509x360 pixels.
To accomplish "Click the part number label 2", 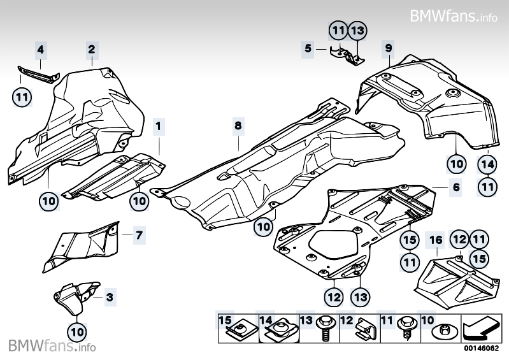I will tap(92, 48).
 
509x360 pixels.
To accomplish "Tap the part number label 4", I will tap(40, 48).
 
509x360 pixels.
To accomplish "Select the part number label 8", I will tap(238, 126).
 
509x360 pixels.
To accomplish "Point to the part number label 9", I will tap(389, 47).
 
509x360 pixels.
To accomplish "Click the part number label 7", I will tap(140, 235).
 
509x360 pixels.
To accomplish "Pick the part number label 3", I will tap(110, 296).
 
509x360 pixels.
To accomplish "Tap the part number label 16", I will tap(436, 240).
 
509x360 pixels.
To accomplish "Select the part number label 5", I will tap(308, 48).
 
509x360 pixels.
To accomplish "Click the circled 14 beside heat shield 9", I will tap(487, 164).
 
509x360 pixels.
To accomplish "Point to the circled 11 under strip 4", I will tap(22, 97).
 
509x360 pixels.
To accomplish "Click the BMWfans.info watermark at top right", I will tap(453, 15).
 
